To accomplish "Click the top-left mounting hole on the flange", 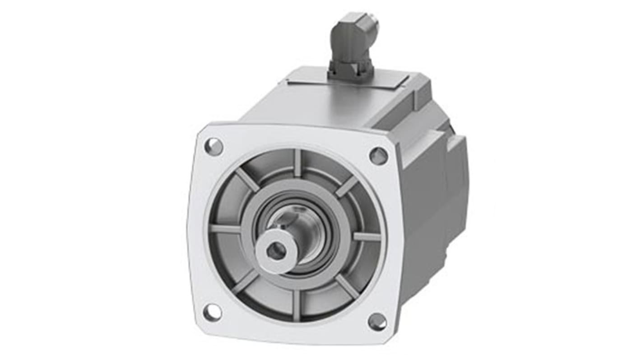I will click(x=214, y=147).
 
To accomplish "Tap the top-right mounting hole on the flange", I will click(x=378, y=156).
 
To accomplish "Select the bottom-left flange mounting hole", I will click(x=212, y=312).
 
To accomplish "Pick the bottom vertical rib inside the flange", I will click(x=296, y=305).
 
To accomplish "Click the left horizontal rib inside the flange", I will click(x=225, y=229).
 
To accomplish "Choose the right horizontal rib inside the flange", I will click(x=367, y=236).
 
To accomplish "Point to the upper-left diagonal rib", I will click(x=247, y=180).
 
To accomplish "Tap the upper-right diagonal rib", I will click(x=346, y=186).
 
